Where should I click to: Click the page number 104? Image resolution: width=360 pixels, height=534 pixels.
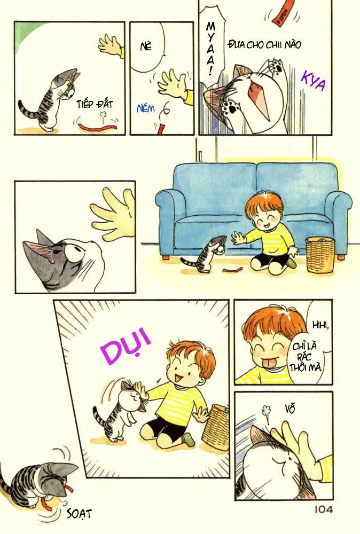click(x=320, y=510)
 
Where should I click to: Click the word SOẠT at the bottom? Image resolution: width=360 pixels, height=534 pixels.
click(x=80, y=513)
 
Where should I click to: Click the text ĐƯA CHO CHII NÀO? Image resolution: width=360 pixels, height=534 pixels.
click(x=263, y=45)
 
